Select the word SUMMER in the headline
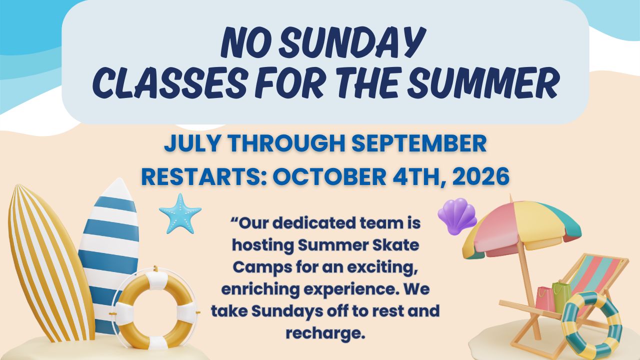pos(482,83)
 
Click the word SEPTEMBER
pos(419,144)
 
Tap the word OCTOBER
pos(329,176)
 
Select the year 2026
pos(481,176)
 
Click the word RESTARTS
pos(201,176)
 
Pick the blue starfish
pos(180,214)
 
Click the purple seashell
pos(456,216)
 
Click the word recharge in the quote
pos(325,333)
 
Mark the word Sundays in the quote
pos(285,311)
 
